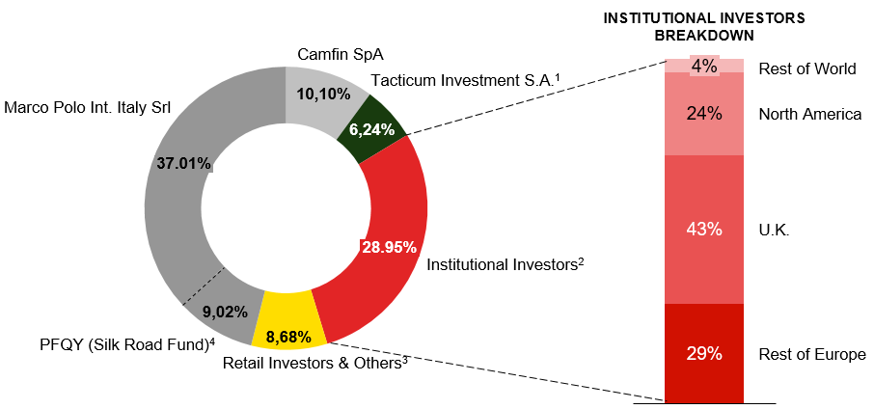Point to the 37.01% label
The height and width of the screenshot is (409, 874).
183,163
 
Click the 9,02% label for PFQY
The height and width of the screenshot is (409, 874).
225,312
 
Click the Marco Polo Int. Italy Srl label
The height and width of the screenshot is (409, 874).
88,107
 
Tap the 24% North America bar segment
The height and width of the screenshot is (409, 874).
704,114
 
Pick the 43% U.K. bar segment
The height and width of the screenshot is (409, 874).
704,229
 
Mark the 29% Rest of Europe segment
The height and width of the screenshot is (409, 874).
704,353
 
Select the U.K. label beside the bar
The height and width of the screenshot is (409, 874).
776,230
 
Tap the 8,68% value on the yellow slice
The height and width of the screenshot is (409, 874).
287,338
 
